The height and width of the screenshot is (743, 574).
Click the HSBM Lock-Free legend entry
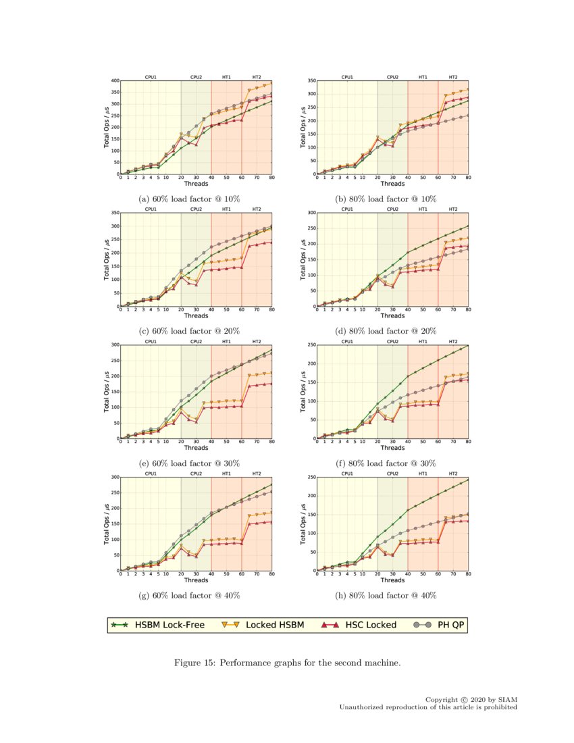pyautogui.click(x=158, y=625)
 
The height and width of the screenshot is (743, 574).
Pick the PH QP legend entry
pyautogui.click(x=436, y=625)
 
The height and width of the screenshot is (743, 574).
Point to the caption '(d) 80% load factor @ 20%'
pyautogui.click(x=386, y=331)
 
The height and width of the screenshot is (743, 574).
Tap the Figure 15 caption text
pyautogui.click(x=287, y=663)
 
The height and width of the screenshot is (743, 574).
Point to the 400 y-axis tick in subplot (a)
pyautogui.click(x=115, y=81)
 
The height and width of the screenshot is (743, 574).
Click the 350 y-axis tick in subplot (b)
pyautogui.click(x=311, y=81)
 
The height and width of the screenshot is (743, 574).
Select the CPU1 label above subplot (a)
pyautogui.click(x=151, y=77)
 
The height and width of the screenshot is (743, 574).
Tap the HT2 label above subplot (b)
pyautogui.click(x=452, y=77)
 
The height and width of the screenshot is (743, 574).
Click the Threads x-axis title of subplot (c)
pyautogui.click(x=196, y=315)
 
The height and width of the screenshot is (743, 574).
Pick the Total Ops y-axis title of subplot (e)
pyautogui.click(x=106, y=392)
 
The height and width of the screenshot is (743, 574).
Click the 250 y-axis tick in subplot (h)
pyautogui.click(x=311, y=478)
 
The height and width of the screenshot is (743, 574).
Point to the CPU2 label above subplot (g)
pyautogui.click(x=196, y=473)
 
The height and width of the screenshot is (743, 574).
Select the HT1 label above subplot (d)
pyautogui.click(x=423, y=209)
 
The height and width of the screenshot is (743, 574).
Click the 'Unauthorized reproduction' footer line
pyautogui.click(x=428, y=707)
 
